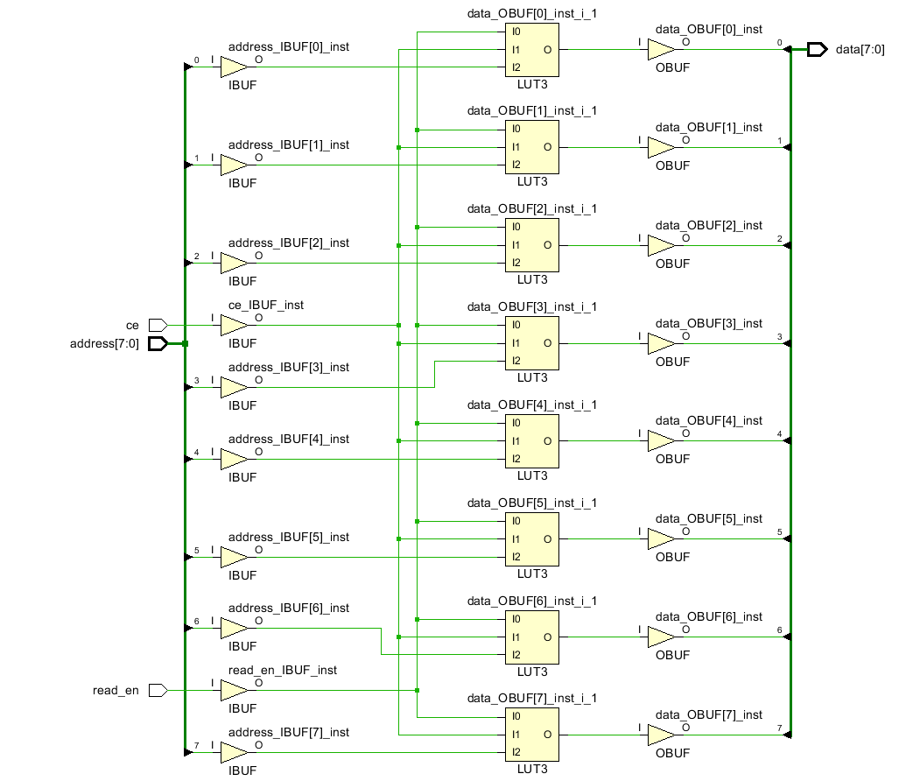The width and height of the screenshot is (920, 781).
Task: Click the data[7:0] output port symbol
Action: [x=818, y=49]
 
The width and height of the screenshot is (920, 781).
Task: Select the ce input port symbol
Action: [x=158, y=325]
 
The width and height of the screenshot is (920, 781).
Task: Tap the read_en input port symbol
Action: [x=158, y=690]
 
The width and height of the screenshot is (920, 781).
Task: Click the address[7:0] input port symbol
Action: [x=158, y=343]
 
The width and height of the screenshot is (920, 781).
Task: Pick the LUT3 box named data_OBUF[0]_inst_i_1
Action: [x=532, y=50]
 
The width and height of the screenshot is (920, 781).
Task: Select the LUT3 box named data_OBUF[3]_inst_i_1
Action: [x=532, y=343]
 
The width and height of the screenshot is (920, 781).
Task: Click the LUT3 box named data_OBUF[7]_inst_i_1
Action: [x=532, y=735]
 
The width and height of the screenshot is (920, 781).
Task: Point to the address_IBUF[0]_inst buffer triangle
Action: [x=234, y=67]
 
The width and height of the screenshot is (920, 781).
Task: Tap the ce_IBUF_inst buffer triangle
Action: [x=234, y=325]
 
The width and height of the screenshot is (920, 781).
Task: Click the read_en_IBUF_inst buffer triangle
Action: [x=234, y=690]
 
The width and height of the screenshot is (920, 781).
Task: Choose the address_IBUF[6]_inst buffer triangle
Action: [x=234, y=628]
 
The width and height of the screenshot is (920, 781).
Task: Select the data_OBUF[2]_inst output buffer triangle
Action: [x=661, y=245]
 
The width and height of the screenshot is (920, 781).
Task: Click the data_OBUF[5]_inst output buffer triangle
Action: [x=661, y=538]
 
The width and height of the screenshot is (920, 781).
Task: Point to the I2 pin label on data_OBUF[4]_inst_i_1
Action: [x=516, y=459]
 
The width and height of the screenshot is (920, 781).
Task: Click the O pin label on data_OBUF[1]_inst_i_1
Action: [x=547, y=147]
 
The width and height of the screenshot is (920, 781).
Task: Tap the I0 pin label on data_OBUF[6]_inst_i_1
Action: [x=516, y=619]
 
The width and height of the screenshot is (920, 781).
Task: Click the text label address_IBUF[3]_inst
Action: [x=289, y=368]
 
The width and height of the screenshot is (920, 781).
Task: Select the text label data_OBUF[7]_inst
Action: [x=709, y=714]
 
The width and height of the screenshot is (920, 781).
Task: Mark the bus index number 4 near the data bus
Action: [x=779, y=434]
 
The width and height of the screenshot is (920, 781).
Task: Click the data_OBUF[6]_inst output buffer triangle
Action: [x=661, y=637]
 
